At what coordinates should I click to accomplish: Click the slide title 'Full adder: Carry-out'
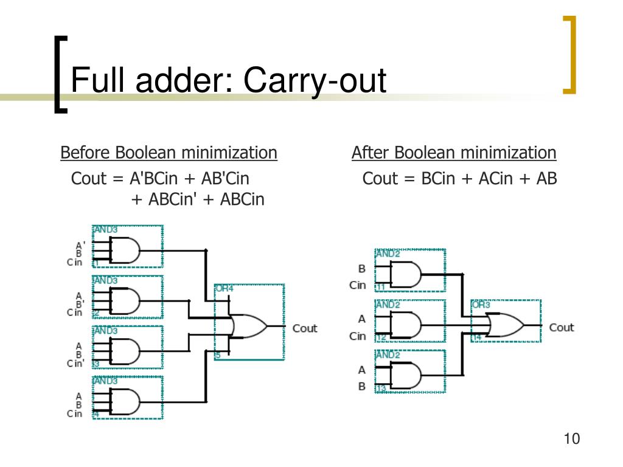tap(228, 80)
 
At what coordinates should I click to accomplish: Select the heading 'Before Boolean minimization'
tap(169, 153)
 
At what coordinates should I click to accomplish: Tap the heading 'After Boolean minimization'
tap(454, 153)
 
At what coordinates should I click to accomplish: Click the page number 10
tap(572, 439)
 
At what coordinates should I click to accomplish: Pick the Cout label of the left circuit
tap(305, 328)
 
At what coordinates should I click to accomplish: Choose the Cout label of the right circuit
tap(561, 328)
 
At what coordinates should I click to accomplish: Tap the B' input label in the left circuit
tap(80, 303)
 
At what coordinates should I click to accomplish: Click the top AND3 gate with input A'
tap(126, 249)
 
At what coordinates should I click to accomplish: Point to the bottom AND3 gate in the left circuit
tap(126, 401)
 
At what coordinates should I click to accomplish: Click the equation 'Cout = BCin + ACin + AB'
tap(459, 179)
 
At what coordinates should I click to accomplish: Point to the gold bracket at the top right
tap(569, 55)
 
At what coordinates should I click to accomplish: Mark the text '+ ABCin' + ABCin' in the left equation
tap(198, 199)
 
